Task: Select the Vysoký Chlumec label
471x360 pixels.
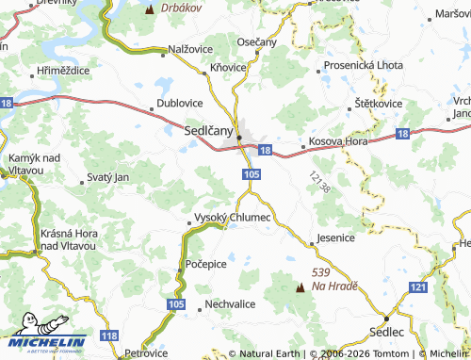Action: pos(232,218)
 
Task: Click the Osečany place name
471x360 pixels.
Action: pos(257,41)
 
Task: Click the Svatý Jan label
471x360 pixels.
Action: pos(106,177)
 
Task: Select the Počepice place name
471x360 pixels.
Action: pos(206,264)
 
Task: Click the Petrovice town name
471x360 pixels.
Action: pos(146,352)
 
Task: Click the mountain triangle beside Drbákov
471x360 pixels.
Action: pos(150,9)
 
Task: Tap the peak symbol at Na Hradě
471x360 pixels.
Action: pos(300,286)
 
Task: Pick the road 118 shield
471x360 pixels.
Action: pos(110,336)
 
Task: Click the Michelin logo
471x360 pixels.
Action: pos(43,343)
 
